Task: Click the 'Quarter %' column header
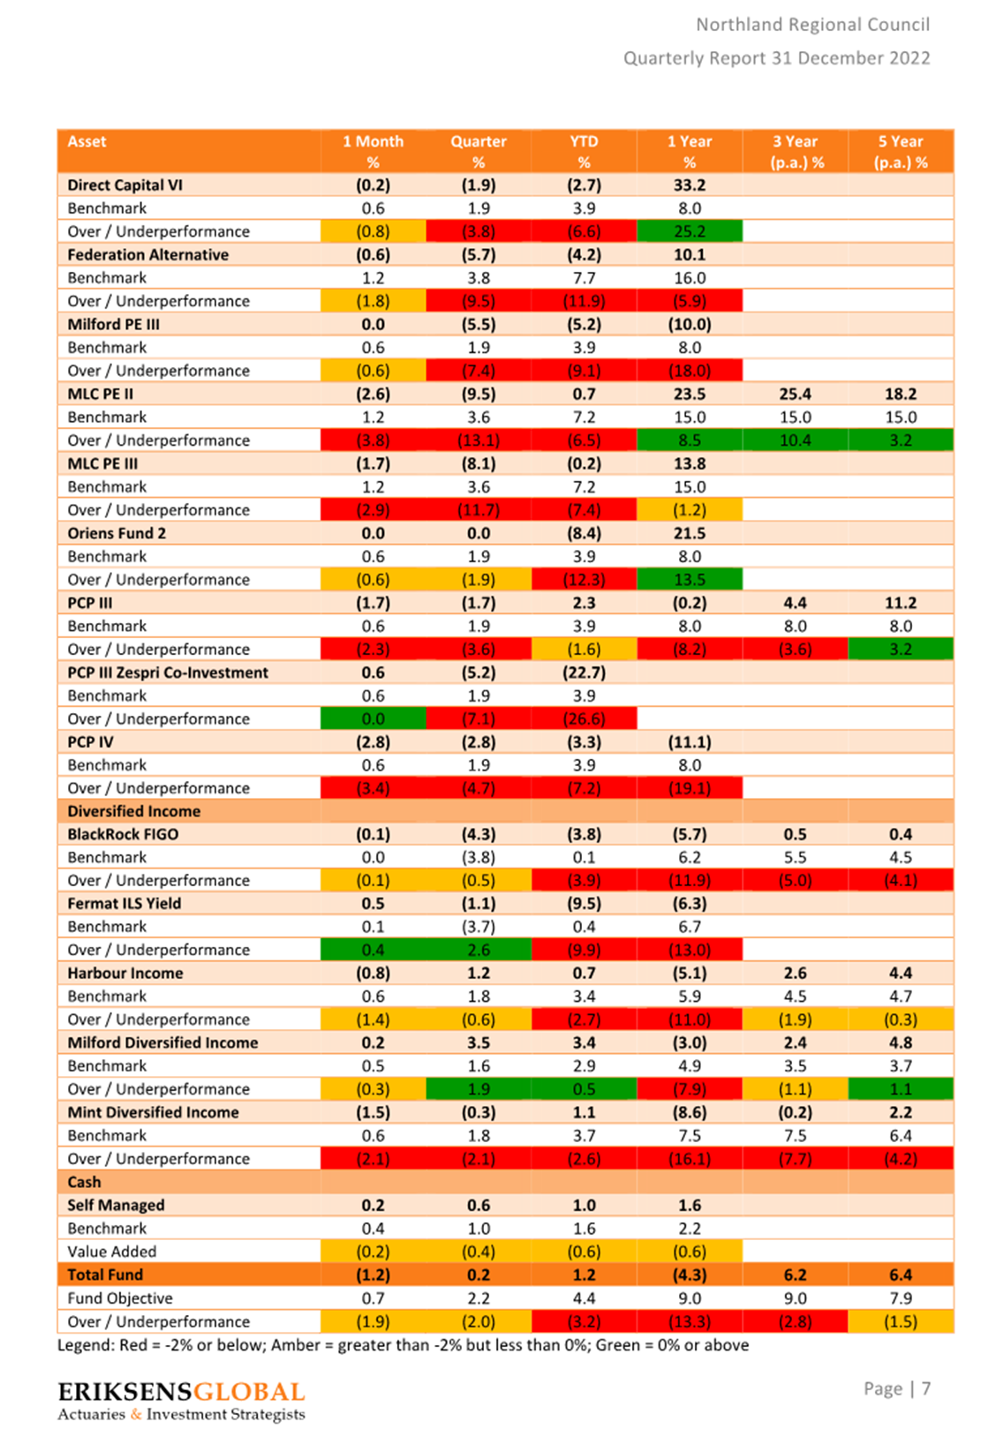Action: pyautogui.click(x=478, y=151)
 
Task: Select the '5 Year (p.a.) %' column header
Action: pyautogui.click(x=901, y=151)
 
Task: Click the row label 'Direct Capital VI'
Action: pyautogui.click(x=125, y=185)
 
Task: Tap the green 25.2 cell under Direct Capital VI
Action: pyautogui.click(x=689, y=230)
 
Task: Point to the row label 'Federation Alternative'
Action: pyautogui.click(x=147, y=254)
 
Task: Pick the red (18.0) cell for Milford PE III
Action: pyautogui.click(x=689, y=371)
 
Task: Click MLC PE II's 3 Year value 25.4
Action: pyautogui.click(x=795, y=394)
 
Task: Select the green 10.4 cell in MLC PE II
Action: pyautogui.click(x=795, y=440)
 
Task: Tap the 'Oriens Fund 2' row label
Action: pyautogui.click(x=117, y=533)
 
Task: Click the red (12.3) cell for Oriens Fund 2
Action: pyautogui.click(x=584, y=580)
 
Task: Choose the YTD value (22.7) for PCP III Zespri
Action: pyautogui.click(x=584, y=673)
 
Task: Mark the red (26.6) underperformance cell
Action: pyautogui.click(x=584, y=718)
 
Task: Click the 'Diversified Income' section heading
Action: pyautogui.click(x=134, y=811)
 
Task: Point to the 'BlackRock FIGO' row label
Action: pyautogui.click(x=124, y=834)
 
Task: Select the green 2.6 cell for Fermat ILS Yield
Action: pyautogui.click(x=478, y=950)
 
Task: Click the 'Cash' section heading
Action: pyautogui.click(x=85, y=1182)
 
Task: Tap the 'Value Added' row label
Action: pyautogui.click(x=112, y=1252)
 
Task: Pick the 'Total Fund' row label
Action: pyautogui.click(x=105, y=1275)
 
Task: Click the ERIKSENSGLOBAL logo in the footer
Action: pyautogui.click(x=181, y=1401)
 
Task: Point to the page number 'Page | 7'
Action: pyautogui.click(x=896, y=1388)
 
